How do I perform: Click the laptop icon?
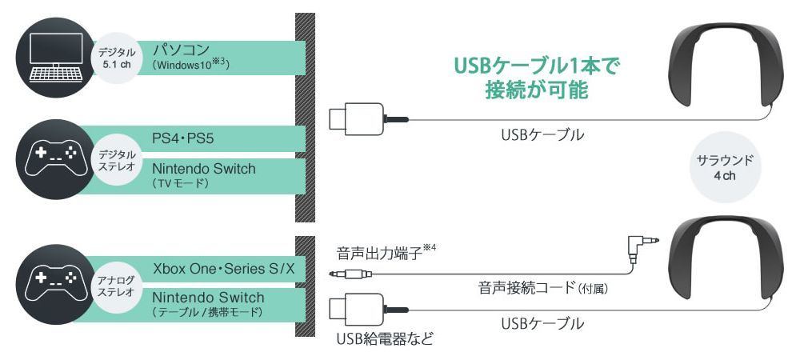pos(56,57)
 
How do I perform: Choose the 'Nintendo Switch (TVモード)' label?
pos(203,175)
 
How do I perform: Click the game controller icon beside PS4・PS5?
pos(56,159)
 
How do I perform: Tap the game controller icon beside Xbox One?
pos(56,285)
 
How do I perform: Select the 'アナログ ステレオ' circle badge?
pos(116,286)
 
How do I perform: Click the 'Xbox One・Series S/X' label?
pos(225,268)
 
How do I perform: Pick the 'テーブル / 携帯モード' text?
pos(208,311)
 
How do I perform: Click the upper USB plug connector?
pos(368,119)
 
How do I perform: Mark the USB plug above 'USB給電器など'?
pos(368,310)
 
